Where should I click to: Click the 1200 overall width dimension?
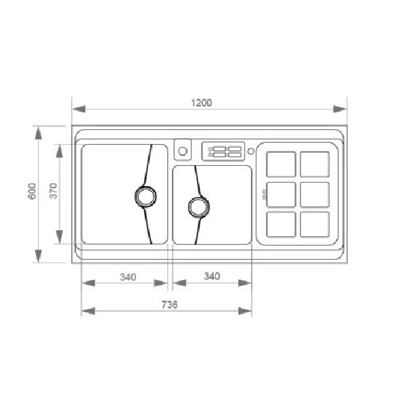tap(202, 103)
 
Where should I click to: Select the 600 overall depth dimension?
tap(32, 191)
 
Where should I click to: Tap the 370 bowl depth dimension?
tap(53, 191)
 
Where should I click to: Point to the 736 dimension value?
tap(170, 304)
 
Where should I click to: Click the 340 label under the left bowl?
tap(128, 277)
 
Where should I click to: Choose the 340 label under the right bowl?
tap(212, 276)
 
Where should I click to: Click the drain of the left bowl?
tap(145, 196)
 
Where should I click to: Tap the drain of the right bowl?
tap(198, 207)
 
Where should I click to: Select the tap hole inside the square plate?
tap(183, 151)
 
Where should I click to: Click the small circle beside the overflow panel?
tap(250, 151)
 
